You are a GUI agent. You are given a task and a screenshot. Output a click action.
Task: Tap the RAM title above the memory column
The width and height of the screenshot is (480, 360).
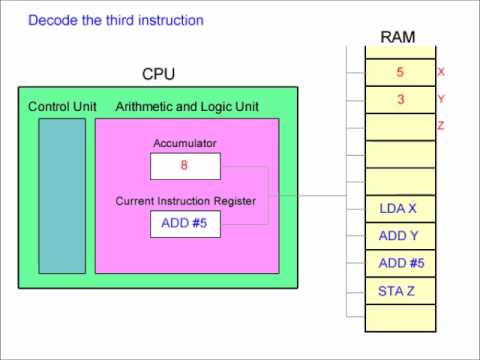coord(399,37)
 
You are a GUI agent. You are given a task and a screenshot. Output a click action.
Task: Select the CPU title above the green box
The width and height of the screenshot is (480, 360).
coord(159,74)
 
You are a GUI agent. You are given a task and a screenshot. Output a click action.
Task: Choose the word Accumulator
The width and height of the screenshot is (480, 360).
coord(184,143)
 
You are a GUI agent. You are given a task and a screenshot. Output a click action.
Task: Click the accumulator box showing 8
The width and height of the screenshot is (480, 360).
coord(184,166)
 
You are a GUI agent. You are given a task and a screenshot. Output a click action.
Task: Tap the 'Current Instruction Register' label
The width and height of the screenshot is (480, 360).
coord(185,201)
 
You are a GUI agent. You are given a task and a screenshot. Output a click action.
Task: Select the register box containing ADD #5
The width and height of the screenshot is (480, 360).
coord(184,224)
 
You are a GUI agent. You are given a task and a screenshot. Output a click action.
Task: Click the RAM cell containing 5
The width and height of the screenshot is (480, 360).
coord(400,73)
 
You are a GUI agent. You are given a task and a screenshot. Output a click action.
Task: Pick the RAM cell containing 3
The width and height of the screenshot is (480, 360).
coord(400,100)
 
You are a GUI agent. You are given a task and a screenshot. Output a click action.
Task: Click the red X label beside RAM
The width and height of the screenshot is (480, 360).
coord(441,72)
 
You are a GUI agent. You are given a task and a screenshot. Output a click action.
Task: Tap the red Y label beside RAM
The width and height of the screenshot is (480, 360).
coord(441,99)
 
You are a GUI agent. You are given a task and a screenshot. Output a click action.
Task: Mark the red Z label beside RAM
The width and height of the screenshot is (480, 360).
coord(441,126)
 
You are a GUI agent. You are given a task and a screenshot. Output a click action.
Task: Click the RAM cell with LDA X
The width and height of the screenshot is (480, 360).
coord(400,209)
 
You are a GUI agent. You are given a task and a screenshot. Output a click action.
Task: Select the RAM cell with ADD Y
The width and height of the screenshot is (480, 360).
coord(400,236)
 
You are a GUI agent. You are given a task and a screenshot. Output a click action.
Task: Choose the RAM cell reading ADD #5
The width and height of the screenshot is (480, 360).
coord(400,263)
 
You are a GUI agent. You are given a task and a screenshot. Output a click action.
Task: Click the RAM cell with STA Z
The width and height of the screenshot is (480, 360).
coord(400,291)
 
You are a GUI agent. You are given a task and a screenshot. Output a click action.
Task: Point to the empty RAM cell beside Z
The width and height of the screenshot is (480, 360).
coord(400,127)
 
